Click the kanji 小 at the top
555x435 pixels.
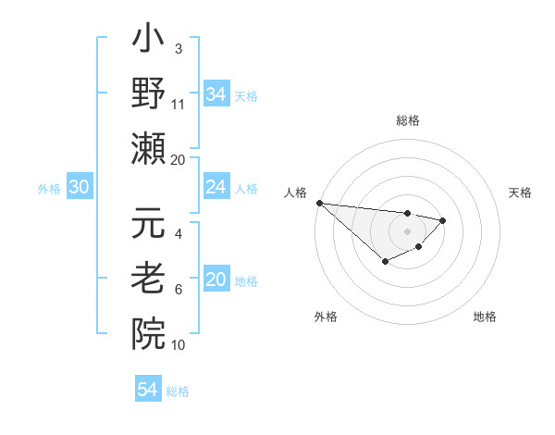pos(148,42)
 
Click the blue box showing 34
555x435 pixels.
pos(216,93)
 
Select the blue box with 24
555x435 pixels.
pos(216,188)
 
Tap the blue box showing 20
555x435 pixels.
pos(216,280)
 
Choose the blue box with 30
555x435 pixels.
pos(79,188)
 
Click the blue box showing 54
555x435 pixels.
pos(147,390)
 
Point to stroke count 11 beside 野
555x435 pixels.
pos(179,105)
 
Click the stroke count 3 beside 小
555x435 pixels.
pos(178,47)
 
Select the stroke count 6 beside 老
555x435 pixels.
pos(179,290)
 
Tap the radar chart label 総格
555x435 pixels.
pos(407,120)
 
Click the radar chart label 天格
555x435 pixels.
pos(521,193)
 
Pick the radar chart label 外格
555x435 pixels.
pos(326,317)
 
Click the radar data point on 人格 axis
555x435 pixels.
pos(318,202)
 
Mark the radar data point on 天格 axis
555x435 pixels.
pos(443,220)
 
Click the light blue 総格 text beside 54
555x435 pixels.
pos(178,391)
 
